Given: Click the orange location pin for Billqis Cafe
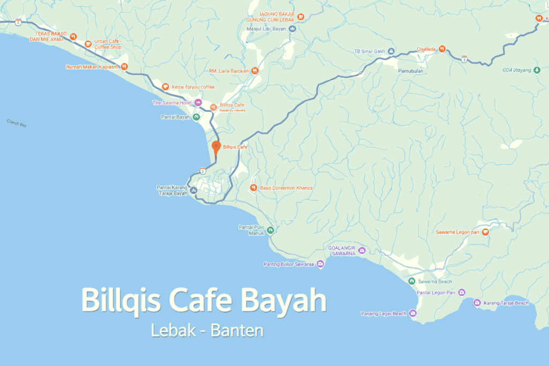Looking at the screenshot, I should coord(216,146).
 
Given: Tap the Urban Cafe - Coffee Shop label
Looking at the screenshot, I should coord(108,44).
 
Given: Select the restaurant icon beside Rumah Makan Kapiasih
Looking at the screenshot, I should coord(124,67).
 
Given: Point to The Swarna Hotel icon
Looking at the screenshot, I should coord(198,102).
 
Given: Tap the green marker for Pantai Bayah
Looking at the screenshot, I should coord(197,117).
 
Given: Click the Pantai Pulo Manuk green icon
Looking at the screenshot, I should coord(271,230).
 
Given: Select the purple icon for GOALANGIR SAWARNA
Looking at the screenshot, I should coord(362,250).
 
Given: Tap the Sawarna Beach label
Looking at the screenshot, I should coord(435,281).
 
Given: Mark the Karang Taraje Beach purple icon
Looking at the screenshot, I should coord(477,303).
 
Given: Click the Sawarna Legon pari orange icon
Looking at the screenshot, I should coord(485,232).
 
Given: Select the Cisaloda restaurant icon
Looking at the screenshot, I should coord(442,49).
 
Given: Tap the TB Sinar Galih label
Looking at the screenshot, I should coord(370,51).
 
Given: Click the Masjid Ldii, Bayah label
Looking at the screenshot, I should coord(267,29).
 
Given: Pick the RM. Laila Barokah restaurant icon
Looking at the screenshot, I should coord(255,70).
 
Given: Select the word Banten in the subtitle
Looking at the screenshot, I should coord(237,331).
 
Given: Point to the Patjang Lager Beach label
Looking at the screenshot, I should coord(383,313).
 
